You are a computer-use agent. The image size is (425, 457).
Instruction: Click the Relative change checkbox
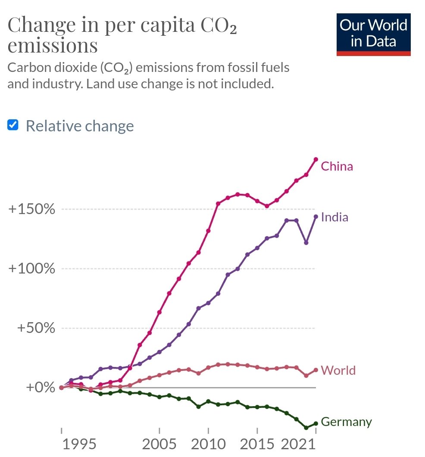(x=13, y=125)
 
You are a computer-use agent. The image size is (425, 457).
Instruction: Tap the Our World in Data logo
(x=373, y=34)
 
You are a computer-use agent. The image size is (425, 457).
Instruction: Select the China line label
(x=337, y=166)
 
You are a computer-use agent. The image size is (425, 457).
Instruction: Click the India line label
(x=334, y=217)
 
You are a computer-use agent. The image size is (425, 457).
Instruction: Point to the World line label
(x=338, y=370)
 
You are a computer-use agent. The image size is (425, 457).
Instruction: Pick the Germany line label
(x=346, y=422)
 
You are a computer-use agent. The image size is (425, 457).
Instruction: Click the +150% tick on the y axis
(x=32, y=210)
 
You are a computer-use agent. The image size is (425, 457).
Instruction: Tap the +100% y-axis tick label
(x=32, y=269)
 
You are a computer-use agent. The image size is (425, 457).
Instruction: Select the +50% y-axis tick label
(x=36, y=328)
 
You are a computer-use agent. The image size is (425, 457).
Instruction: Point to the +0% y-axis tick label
(x=41, y=387)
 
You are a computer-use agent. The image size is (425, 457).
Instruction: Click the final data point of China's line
(x=316, y=159)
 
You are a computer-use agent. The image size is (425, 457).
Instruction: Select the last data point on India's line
(x=316, y=217)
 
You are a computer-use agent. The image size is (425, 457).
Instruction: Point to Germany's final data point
(x=316, y=423)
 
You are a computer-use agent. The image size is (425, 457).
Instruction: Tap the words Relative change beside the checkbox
(x=80, y=126)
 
